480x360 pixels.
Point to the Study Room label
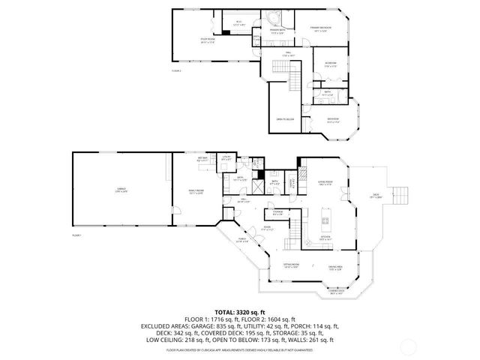208,42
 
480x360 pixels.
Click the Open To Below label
284,118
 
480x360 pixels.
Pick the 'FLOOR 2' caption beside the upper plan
177,71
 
